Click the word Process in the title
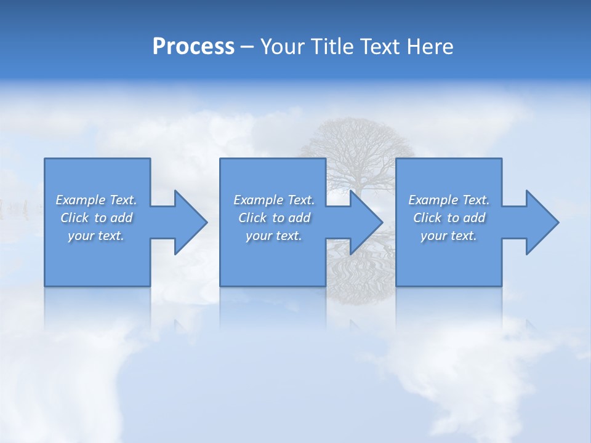(x=193, y=47)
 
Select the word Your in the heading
(x=283, y=47)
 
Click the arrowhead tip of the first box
(x=207, y=222)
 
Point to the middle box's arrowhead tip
(x=382, y=222)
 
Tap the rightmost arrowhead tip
(x=558, y=222)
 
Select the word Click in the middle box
(x=252, y=218)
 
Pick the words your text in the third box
(x=448, y=236)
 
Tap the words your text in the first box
(x=96, y=236)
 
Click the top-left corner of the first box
(x=45, y=159)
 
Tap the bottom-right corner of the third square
(x=501, y=285)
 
